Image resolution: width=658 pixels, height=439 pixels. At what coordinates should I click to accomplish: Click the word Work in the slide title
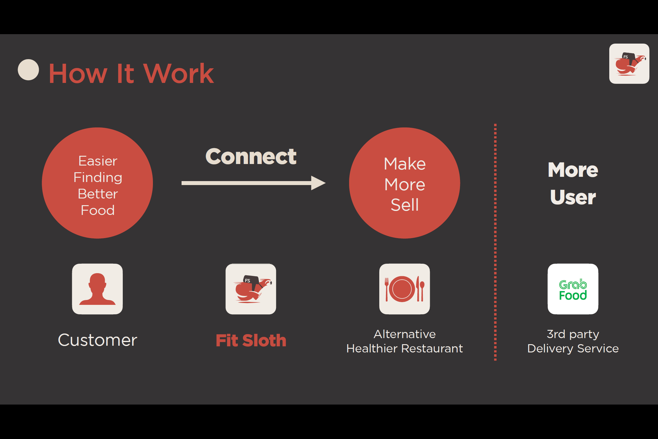179,73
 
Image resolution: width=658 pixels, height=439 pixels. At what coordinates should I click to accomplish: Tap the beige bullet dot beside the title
28,70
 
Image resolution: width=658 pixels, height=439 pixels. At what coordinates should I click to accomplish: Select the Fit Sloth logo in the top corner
629,64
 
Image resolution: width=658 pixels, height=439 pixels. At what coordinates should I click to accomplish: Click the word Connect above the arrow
251,157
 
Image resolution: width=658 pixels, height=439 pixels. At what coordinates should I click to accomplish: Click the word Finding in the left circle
98,177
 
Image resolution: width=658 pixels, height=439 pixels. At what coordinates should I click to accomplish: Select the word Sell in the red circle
405,205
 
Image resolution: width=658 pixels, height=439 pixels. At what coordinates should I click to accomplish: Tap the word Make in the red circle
405,164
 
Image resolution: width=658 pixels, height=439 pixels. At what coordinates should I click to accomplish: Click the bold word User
573,197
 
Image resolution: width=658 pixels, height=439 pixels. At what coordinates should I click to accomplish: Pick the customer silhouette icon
97,289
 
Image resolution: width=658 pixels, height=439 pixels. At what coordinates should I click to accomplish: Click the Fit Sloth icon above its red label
251,289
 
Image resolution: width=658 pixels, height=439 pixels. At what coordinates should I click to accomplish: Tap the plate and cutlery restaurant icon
405,289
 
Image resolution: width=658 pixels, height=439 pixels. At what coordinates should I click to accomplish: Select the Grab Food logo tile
573,289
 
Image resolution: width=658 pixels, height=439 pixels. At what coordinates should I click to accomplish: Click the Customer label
97,340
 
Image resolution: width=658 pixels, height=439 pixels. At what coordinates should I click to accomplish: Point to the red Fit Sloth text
251,341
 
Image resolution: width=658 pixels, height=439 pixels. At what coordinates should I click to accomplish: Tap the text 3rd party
573,334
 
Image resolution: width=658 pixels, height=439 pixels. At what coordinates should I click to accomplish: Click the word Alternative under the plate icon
405,334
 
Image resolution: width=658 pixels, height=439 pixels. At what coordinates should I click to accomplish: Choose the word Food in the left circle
98,210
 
